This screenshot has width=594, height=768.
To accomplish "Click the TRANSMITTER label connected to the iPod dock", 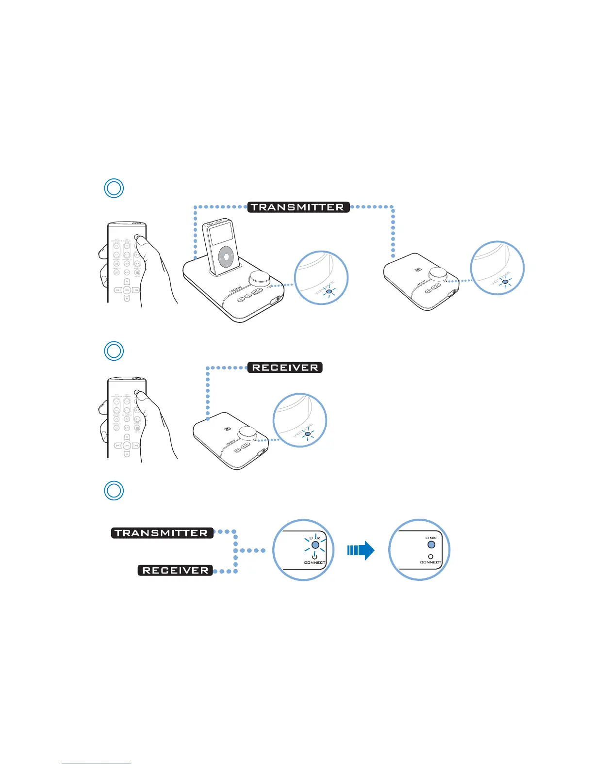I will (298, 207).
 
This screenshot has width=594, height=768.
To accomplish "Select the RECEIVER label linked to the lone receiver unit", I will (285, 368).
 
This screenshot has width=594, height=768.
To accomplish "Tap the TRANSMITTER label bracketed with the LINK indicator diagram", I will (162, 533).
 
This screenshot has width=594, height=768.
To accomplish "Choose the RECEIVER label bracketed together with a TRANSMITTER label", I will (175, 570).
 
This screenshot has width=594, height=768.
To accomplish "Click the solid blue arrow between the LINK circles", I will (361, 550).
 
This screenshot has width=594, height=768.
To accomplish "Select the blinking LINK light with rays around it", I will (314, 545).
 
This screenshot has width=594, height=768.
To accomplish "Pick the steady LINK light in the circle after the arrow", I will (431, 545).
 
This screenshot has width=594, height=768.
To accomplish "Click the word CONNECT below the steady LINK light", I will (430, 562).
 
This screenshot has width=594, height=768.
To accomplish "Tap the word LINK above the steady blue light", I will (431, 538).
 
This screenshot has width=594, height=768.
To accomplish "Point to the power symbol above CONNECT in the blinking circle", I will (314, 555).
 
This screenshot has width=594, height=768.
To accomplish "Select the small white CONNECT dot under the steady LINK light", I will (430, 557).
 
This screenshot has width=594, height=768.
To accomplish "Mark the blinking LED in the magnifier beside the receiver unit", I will (307, 433).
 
